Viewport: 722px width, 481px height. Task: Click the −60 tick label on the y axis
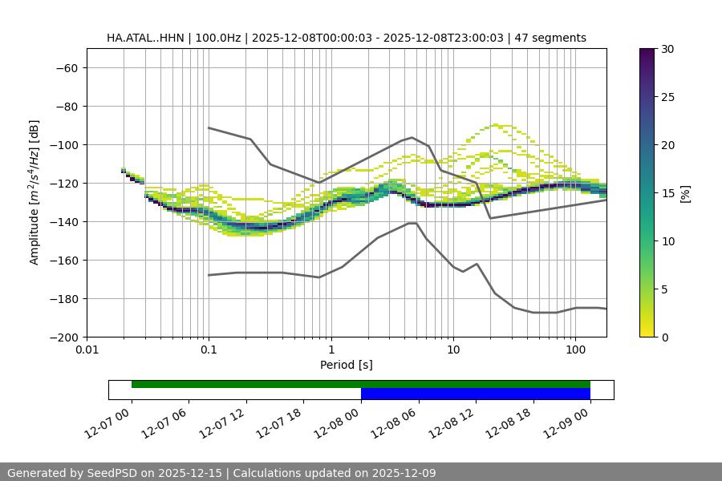pyautogui.click(x=66, y=68)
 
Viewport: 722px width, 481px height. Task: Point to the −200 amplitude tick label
pyautogui.click(x=63, y=338)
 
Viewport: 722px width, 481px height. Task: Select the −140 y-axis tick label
pyautogui.click(x=63, y=222)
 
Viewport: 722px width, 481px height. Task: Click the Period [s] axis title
pyautogui.click(x=346, y=366)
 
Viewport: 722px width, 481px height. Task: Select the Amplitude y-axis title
pyautogui.click(x=34, y=192)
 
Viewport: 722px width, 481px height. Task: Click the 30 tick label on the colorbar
pyautogui.click(x=667, y=49)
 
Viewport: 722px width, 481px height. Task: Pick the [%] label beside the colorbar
pyautogui.click(x=685, y=193)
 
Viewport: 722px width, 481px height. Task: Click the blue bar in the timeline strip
pyautogui.click(x=475, y=394)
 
